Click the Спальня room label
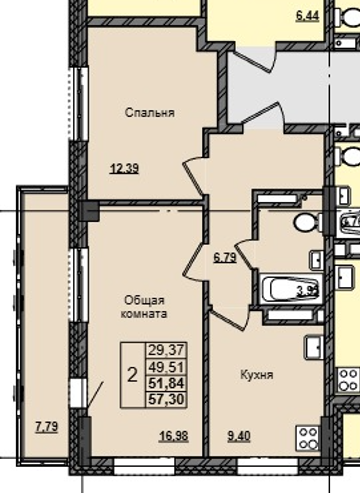tap(151, 113)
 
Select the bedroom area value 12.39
tap(123, 168)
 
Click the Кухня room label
tap(256, 375)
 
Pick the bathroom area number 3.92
tap(305, 292)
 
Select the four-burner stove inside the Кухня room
tap(306, 437)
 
